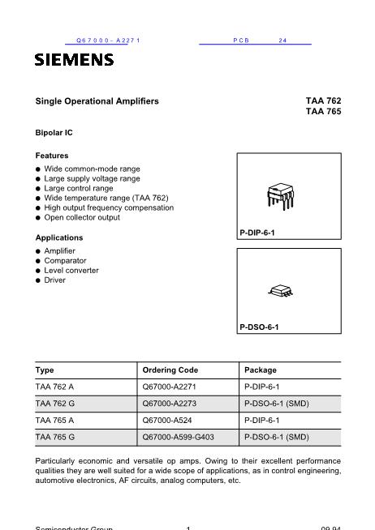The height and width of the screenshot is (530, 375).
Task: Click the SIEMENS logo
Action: click(x=74, y=59)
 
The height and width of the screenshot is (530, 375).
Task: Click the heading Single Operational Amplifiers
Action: click(x=97, y=101)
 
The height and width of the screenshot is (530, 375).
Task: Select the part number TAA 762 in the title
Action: click(x=323, y=101)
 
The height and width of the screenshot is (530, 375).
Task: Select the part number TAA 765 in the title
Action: click(x=323, y=113)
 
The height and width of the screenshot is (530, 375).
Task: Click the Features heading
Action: click(x=52, y=155)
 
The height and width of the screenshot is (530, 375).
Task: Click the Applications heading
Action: click(x=59, y=237)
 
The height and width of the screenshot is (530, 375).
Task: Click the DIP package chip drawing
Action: click(x=278, y=195)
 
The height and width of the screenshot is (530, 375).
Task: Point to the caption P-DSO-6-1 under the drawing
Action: click(x=259, y=328)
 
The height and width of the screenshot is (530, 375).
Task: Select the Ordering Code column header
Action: click(x=170, y=370)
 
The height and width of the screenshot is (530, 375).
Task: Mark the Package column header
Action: click(x=261, y=370)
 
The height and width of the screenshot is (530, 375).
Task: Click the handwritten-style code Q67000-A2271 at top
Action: click(x=108, y=40)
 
